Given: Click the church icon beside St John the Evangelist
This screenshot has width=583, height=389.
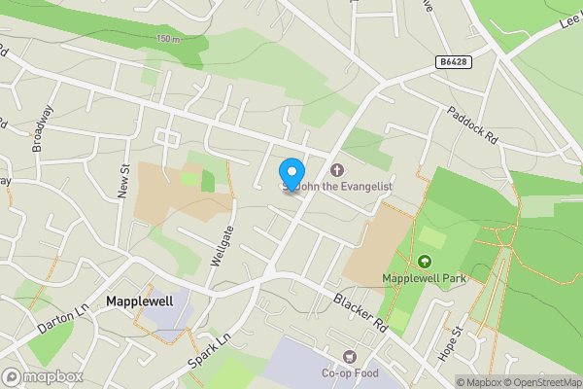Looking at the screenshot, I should pyautogui.click(x=336, y=170).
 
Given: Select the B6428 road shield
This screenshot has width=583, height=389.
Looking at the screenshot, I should pyautogui.click(x=452, y=62).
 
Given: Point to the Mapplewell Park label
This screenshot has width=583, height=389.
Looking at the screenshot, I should pyautogui.click(x=425, y=278).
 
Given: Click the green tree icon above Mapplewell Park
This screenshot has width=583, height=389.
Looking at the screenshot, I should pyautogui.click(x=424, y=261).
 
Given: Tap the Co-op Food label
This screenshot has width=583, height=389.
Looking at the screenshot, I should pyautogui.click(x=350, y=373).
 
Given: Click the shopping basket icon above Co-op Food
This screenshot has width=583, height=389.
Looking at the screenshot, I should pyautogui.click(x=350, y=357).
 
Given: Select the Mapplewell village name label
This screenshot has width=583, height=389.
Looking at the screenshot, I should pyautogui.click(x=140, y=301).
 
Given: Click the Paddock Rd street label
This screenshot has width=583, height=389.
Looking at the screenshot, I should pyautogui.click(x=472, y=125).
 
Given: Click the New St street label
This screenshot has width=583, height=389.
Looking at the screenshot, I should pyautogui.click(x=124, y=181).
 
